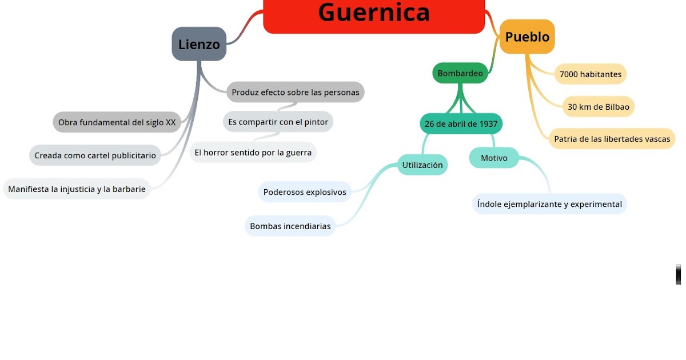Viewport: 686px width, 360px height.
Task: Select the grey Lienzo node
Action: click(199, 44)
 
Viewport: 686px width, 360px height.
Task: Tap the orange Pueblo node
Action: click(527, 37)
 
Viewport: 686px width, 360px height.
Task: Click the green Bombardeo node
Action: click(460, 73)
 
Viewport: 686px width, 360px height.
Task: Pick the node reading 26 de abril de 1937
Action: click(461, 123)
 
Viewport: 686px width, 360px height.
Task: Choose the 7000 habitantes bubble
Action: click(591, 74)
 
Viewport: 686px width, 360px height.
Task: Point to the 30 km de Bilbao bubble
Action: click(598, 107)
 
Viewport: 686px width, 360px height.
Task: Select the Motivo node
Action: click(494, 158)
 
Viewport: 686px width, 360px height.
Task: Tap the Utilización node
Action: click(422, 165)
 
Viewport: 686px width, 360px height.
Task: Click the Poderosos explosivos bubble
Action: click(305, 192)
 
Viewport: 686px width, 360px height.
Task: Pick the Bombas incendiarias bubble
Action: click(290, 226)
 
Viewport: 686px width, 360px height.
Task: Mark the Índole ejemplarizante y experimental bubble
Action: click(549, 204)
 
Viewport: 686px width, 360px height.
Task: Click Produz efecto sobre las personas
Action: click(296, 92)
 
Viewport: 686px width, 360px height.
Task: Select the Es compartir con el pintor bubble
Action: click(278, 122)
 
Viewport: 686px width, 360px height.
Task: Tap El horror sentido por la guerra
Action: click(253, 153)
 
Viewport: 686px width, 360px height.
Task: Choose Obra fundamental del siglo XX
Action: click(117, 122)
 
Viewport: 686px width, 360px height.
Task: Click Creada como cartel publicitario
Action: click(95, 155)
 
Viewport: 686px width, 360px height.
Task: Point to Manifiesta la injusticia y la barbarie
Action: click(77, 189)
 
